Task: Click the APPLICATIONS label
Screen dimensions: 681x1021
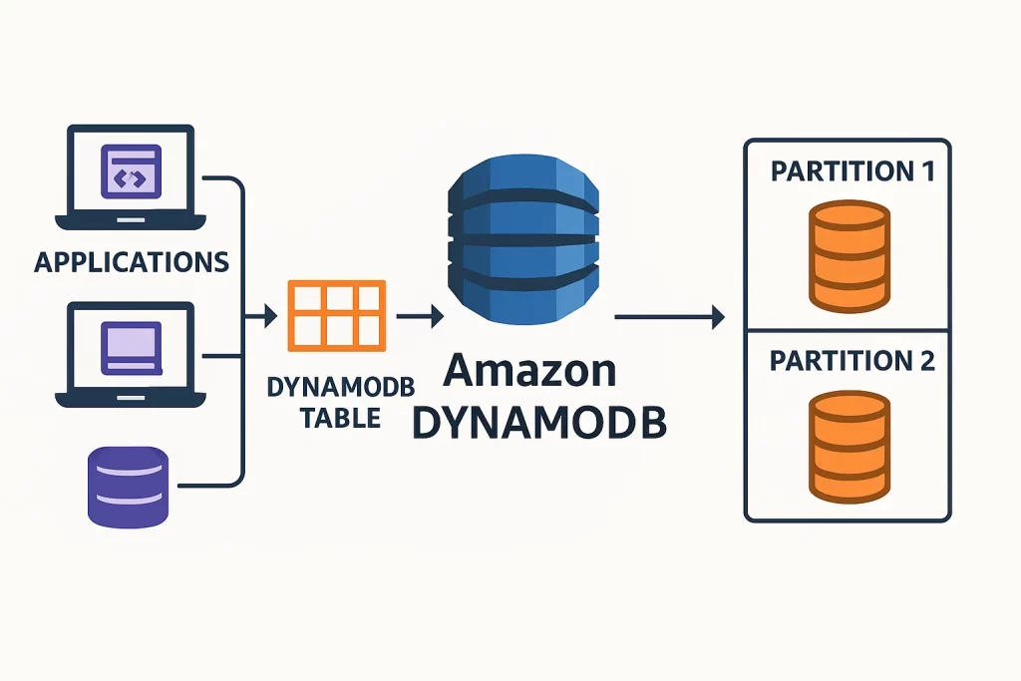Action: [x=132, y=262]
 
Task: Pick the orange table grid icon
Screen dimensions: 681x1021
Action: [x=335, y=315]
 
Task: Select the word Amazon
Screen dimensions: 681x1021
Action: [x=529, y=371]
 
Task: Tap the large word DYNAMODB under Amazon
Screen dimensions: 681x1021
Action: [x=539, y=422]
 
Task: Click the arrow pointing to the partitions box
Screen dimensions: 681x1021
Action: [x=669, y=318]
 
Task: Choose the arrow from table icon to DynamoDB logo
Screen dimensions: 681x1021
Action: [x=420, y=318]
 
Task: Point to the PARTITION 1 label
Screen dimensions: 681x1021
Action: [x=851, y=170]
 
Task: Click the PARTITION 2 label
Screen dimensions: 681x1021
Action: [x=851, y=360]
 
